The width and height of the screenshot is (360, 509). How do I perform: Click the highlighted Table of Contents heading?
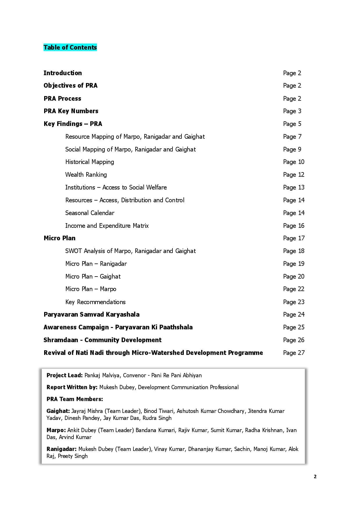[x=70, y=47]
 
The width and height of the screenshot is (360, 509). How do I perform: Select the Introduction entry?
[x=63, y=73]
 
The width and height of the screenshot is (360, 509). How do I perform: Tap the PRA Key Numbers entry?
[x=71, y=111]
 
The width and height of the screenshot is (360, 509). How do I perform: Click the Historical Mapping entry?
[x=89, y=162]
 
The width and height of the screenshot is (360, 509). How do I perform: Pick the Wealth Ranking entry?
[x=86, y=174]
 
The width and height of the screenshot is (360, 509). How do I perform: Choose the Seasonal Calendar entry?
[x=90, y=213]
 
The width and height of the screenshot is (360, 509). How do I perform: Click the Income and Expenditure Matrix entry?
[x=107, y=225]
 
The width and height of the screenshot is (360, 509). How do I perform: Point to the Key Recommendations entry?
[x=95, y=302]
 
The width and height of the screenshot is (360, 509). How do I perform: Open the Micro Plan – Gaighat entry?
[x=93, y=276]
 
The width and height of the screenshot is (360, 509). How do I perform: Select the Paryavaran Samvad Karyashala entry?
[x=91, y=314]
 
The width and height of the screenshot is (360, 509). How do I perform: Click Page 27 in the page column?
[x=294, y=353]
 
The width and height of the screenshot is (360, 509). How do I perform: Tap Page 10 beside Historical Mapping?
[x=294, y=162]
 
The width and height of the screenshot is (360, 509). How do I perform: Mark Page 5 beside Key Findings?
[x=292, y=124]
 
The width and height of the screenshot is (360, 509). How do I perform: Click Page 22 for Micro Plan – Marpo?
[x=294, y=289]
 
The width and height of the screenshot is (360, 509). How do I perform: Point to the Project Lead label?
[x=64, y=375]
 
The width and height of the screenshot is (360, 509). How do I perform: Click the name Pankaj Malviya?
[x=102, y=375]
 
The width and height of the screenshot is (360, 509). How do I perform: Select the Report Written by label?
[x=72, y=387]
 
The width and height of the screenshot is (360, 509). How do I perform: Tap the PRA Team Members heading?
[x=75, y=399]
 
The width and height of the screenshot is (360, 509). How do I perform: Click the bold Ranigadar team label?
[x=61, y=449]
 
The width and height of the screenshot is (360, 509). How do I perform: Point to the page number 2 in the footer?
[x=315, y=476]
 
